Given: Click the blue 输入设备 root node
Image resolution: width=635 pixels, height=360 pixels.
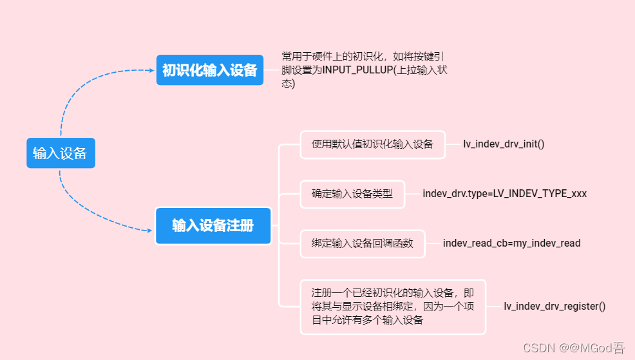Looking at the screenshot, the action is click(x=61, y=153).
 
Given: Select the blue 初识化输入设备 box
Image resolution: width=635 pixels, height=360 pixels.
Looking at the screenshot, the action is click(x=210, y=70).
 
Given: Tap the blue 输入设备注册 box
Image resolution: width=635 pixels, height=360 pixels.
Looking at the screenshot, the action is click(x=213, y=225).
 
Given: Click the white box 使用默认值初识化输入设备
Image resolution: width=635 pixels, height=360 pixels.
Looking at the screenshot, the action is click(x=372, y=144).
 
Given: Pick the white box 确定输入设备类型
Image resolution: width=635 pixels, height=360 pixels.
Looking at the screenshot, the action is click(x=352, y=193).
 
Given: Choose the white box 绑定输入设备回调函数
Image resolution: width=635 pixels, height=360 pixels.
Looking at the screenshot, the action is click(x=363, y=243).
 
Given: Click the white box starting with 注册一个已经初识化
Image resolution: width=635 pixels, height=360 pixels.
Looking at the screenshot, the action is click(x=393, y=307).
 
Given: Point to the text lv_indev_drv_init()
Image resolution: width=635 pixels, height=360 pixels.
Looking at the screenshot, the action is click(x=504, y=144).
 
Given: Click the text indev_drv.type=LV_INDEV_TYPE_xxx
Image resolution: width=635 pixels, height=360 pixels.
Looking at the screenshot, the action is click(x=504, y=193).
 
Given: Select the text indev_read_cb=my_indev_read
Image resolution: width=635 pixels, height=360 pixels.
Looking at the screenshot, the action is click(x=511, y=243).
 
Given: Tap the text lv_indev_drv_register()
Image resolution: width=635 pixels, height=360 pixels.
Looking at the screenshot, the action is click(x=554, y=307).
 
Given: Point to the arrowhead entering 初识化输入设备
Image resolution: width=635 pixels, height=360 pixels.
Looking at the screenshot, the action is click(x=152, y=70).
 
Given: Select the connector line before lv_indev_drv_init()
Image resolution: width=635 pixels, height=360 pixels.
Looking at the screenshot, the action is click(x=453, y=144).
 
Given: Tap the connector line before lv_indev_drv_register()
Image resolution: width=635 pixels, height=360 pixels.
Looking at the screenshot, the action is click(x=494, y=307).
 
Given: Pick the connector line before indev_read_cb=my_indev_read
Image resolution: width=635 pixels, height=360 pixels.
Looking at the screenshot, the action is click(x=433, y=243).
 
